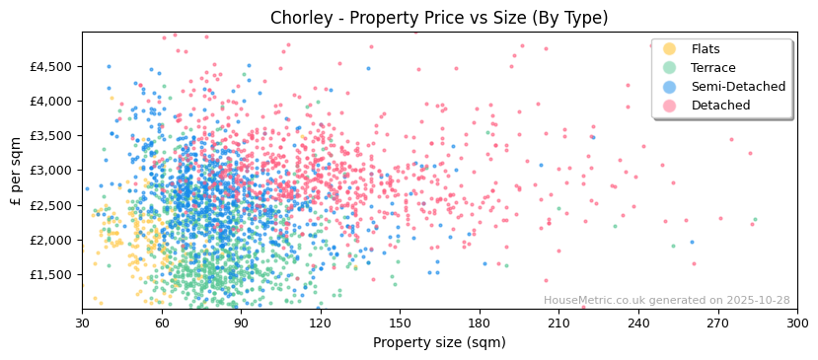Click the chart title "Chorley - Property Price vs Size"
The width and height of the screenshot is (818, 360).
(439, 18)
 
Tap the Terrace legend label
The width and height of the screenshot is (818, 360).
(713, 68)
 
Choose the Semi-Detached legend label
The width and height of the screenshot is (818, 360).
(738, 87)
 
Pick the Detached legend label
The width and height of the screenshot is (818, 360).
(720, 106)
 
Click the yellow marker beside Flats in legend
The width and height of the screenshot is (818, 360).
(670, 49)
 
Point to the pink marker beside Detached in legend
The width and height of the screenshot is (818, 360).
(670, 106)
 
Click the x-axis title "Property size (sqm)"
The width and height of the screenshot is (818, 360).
(439, 343)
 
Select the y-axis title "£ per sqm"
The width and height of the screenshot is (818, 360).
(16, 171)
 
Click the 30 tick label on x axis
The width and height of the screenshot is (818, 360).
(82, 323)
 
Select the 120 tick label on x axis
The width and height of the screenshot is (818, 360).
(320, 323)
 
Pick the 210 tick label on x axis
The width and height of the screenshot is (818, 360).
(558, 323)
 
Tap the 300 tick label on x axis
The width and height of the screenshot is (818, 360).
(796, 323)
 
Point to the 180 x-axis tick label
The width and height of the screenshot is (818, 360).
(480, 323)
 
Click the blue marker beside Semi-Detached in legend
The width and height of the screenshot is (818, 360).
(670, 87)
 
